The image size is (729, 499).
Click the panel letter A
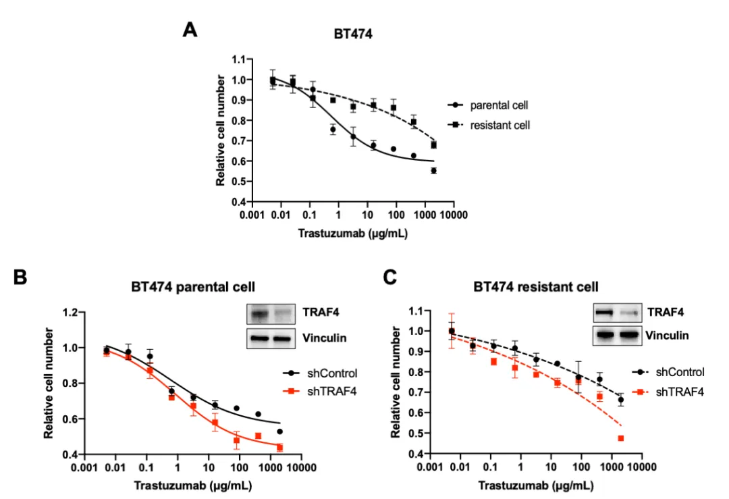pos(190,30)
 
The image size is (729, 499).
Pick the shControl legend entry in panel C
pos(680,372)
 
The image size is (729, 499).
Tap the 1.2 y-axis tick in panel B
pos(69,313)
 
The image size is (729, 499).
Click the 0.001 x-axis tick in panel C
pos(429,467)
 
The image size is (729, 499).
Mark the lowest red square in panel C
pos(620,438)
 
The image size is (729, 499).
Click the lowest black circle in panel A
pos(433,171)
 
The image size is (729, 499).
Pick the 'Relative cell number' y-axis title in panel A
pos(221,130)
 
